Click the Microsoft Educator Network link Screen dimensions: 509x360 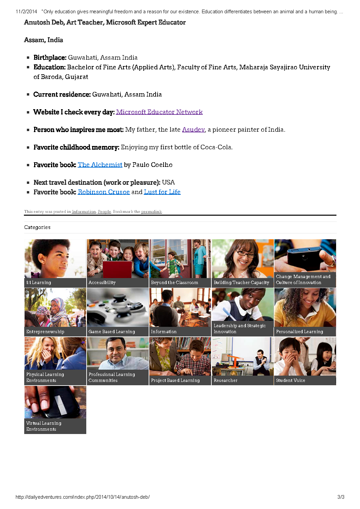pyautogui.click(x=159, y=112)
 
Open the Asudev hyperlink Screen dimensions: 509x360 pyautogui.click(x=193, y=130)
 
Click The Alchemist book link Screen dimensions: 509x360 pyautogui.click(x=100, y=165)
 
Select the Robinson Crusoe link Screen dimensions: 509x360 pyautogui.click(x=104, y=192)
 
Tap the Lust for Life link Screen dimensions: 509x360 pyautogui.click(x=162, y=192)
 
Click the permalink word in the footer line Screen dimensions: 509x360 pyautogui.click(x=151, y=212)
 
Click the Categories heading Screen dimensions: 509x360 pyautogui.click(x=37, y=227)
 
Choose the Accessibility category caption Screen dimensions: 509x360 pyautogui.click(x=102, y=283)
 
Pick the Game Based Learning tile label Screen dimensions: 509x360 pyautogui.click(x=111, y=332)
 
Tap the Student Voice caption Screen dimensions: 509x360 pyautogui.click(x=290, y=381)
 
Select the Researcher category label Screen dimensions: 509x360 pyautogui.click(x=225, y=381)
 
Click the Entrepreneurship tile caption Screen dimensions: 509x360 pyautogui.click(x=45, y=332)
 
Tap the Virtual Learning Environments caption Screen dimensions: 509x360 pyautogui.click(x=43, y=426)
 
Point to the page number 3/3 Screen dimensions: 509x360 pyautogui.click(x=341, y=497)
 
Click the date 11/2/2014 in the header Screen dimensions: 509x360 pyautogui.click(x=26, y=12)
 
